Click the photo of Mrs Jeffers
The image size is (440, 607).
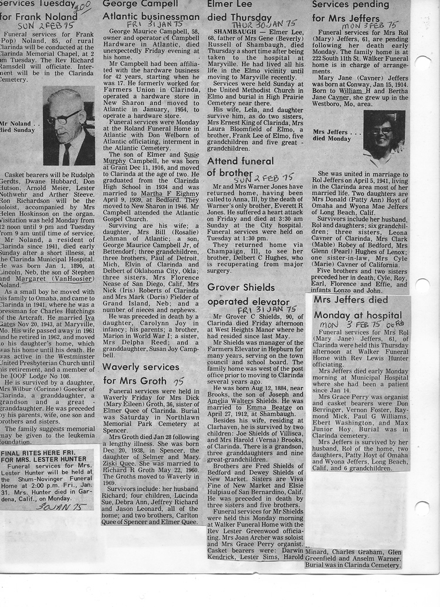coord(384,139)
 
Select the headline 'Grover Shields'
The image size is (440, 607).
coord(241,287)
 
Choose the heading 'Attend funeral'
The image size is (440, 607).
coord(240,160)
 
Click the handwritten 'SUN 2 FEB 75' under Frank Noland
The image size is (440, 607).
coord(38,26)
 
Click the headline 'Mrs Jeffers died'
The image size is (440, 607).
coord(351,300)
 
